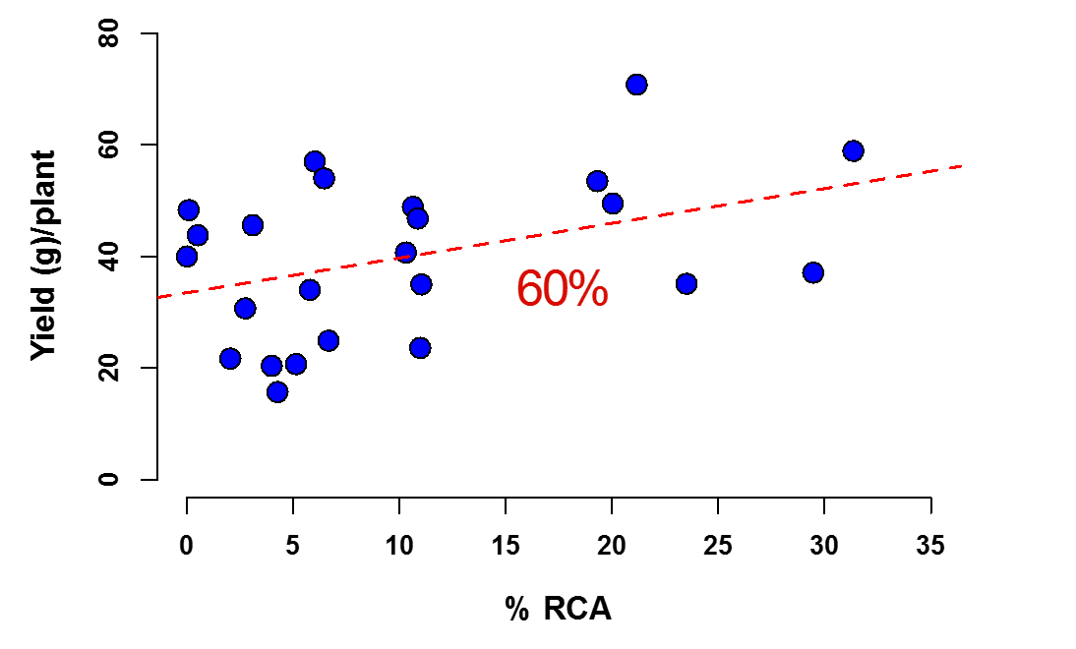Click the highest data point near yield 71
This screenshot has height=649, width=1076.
(x=636, y=85)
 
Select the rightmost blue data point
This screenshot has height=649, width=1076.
(x=853, y=150)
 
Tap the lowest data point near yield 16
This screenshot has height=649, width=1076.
(x=277, y=391)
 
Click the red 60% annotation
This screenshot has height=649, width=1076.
(x=562, y=290)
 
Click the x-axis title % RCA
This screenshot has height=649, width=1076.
(x=559, y=610)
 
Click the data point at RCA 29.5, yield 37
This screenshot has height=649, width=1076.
(x=812, y=272)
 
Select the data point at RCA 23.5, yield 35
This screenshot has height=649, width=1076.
(x=687, y=284)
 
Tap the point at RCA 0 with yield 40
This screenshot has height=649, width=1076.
(x=187, y=257)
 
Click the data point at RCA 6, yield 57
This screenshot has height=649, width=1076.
(x=315, y=161)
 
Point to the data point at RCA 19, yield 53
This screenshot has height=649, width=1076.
(x=597, y=181)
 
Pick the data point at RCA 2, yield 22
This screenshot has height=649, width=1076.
(x=230, y=358)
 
